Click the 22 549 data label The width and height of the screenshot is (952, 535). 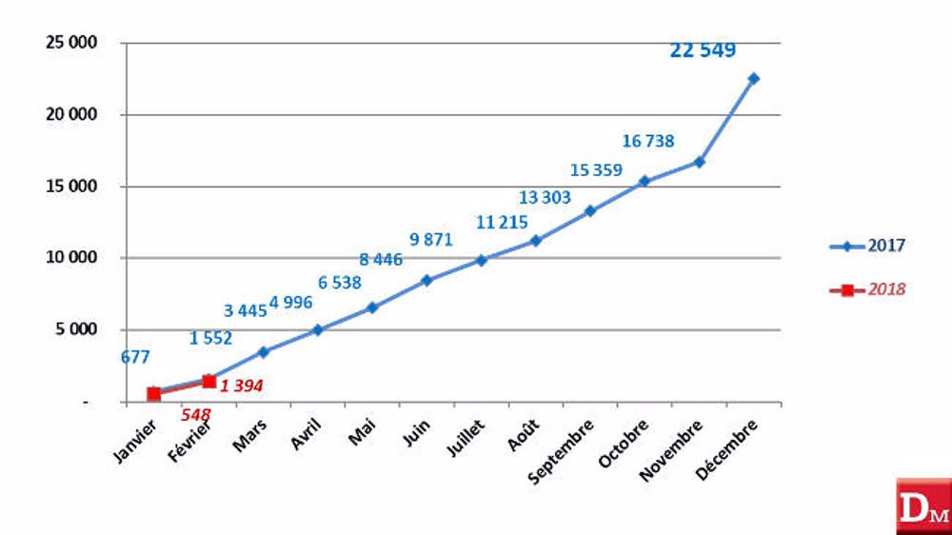point(703,50)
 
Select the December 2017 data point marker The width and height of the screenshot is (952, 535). point(753,78)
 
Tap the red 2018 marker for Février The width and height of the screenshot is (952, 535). point(208,381)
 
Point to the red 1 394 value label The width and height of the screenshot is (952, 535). point(241,386)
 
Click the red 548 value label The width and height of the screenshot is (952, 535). point(195,414)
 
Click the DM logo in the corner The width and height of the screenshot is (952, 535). point(922,506)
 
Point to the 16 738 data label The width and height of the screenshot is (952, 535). point(648,141)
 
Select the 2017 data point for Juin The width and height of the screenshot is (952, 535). point(426,280)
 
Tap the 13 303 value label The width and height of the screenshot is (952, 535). point(545,197)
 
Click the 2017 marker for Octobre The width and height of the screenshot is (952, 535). point(644,181)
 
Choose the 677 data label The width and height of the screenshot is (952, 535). point(135,358)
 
